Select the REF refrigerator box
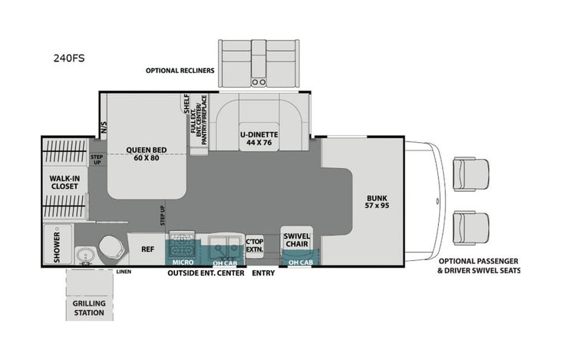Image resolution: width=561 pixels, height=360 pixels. [147, 249]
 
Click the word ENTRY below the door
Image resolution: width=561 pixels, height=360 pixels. [262, 273]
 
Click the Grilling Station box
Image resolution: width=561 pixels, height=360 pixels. [89, 307]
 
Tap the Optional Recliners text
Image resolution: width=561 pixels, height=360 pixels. [180, 71]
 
